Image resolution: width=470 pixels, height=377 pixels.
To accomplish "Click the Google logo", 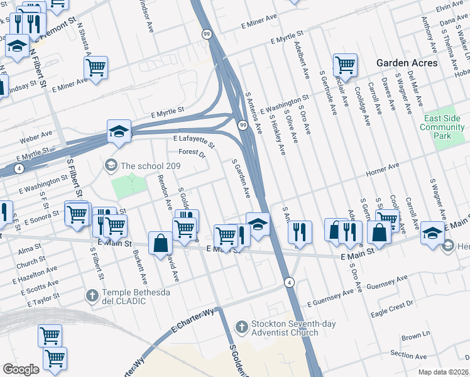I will tap(21, 369).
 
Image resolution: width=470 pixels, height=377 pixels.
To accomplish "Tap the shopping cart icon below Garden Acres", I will tap(345, 65).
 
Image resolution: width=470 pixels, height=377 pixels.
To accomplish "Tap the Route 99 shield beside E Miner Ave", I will tap(206, 33).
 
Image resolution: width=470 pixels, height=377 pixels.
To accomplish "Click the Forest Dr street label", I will tap(192, 153).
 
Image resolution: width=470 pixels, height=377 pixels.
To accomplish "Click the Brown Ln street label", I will tap(415, 337).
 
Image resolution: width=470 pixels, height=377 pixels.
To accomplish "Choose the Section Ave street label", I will tap(408, 354).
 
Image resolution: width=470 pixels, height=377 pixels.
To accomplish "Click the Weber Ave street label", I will tap(38, 135).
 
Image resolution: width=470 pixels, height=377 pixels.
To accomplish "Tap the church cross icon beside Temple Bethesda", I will tap(92, 295).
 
